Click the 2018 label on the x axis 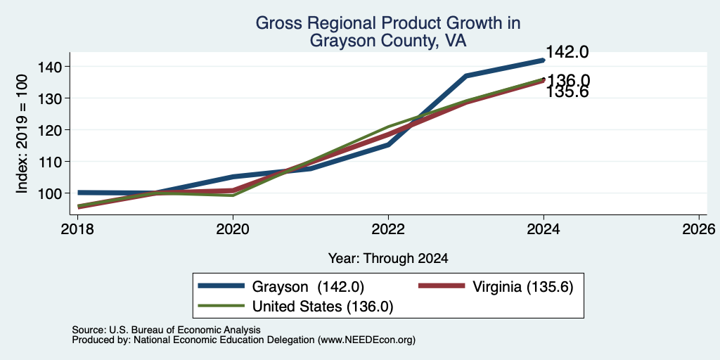point(77,229)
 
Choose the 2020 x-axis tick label point(233,229)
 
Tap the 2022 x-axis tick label point(388,229)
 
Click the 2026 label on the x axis point(700,229)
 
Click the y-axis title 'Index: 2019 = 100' point(22,134)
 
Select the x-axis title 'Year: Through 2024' point(388,259)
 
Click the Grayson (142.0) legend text point(308,287)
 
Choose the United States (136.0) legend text point(323,307)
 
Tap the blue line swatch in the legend point(221,286)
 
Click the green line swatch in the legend point(221,306)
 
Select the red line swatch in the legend point(442,286)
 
